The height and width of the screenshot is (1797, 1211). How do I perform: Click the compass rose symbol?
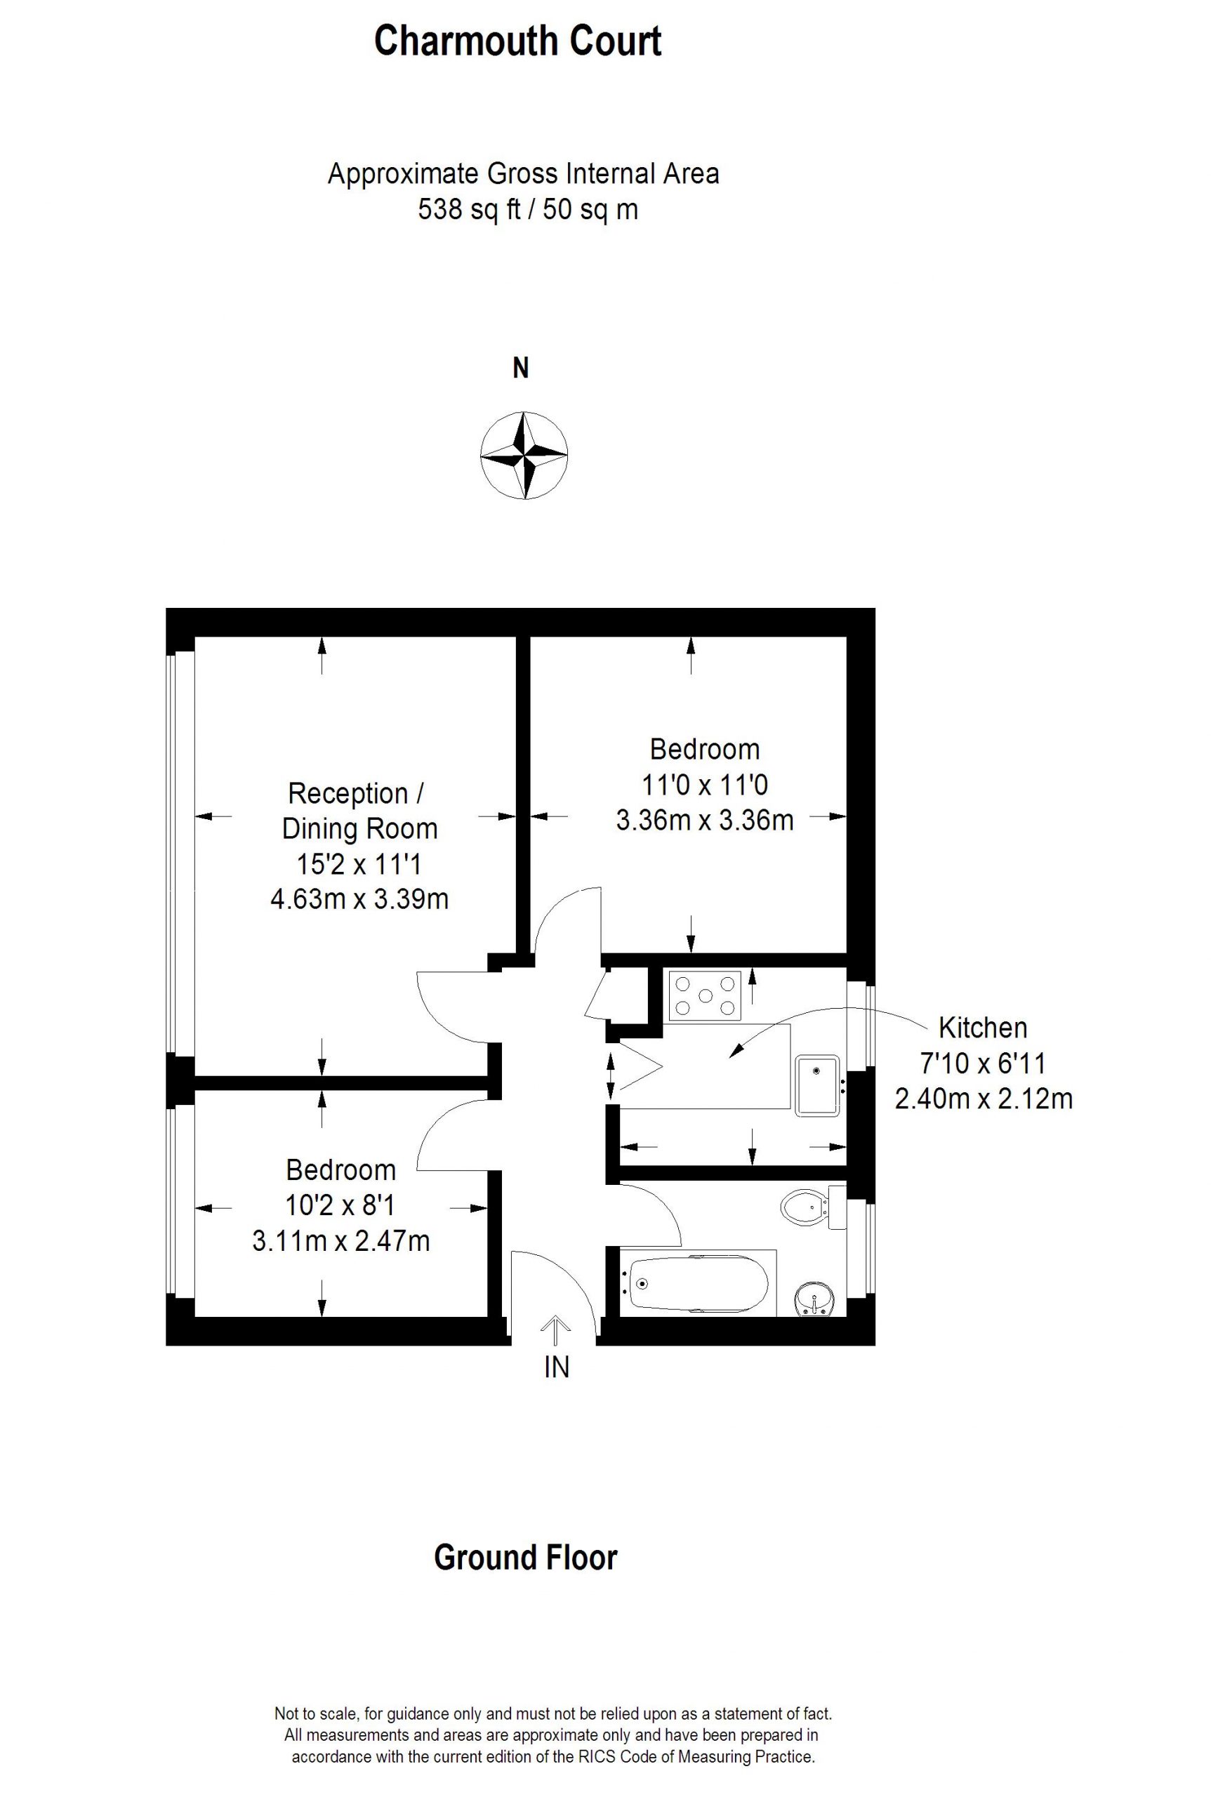(524, 455)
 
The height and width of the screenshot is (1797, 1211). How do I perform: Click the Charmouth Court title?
(517, 41)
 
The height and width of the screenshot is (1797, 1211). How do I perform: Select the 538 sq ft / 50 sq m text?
(528, 209)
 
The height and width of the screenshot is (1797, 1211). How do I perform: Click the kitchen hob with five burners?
(705, 995)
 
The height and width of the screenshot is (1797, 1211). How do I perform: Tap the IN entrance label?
(556, 1367)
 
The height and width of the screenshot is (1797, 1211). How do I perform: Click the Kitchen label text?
(983, 1028)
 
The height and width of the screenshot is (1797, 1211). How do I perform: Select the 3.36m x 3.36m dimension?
(704, 819)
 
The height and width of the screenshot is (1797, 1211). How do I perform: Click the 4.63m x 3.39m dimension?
(359, 899)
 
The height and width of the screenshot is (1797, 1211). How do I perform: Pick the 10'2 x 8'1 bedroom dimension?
(340, 1205)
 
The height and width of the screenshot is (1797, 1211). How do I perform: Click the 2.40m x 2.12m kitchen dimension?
(983, 1098)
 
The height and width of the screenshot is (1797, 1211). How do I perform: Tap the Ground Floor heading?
(525, 1558)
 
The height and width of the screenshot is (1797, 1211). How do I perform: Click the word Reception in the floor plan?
(348, 794)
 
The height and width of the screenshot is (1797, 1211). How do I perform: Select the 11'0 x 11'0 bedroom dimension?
(704, 785)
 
